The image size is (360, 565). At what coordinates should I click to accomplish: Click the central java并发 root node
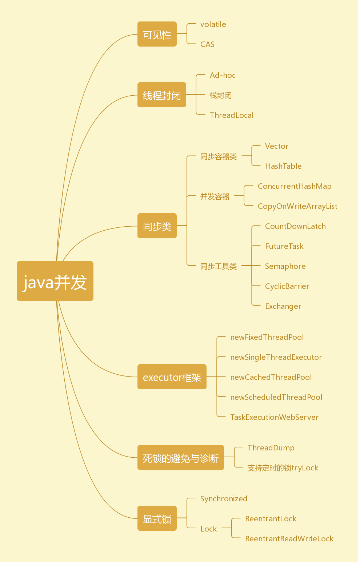(55, 281)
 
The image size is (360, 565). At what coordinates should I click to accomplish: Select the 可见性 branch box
(157, 34)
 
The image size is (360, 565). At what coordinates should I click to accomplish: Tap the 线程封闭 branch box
(161, 95)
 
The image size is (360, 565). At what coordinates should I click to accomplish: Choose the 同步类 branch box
(157, 226)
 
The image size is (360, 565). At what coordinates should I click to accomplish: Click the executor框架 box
(172, 377)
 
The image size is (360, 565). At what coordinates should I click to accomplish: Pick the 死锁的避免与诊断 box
(180, 458)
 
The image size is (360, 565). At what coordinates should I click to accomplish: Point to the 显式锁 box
(157, 518)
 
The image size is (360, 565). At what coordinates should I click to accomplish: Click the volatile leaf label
(213, 24)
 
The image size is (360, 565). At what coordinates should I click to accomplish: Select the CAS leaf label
(207, 44)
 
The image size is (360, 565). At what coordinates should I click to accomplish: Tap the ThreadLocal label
(232, 115)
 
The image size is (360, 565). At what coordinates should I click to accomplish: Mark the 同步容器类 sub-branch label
(219, 156)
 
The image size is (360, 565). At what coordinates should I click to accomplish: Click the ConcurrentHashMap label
(295, 186)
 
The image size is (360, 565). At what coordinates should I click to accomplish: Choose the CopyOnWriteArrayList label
(297, 206)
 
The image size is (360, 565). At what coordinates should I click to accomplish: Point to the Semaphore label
(285, 266)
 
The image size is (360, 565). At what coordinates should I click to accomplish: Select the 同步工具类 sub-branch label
(219, 266)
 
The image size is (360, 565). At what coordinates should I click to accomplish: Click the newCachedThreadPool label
(271, 377)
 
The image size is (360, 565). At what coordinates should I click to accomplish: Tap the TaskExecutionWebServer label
(274, 417)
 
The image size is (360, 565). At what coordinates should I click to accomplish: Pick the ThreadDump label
(271, 448)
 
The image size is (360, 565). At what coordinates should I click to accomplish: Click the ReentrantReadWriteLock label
(289, 539)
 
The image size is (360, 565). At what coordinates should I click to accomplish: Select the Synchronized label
(224, 499)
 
